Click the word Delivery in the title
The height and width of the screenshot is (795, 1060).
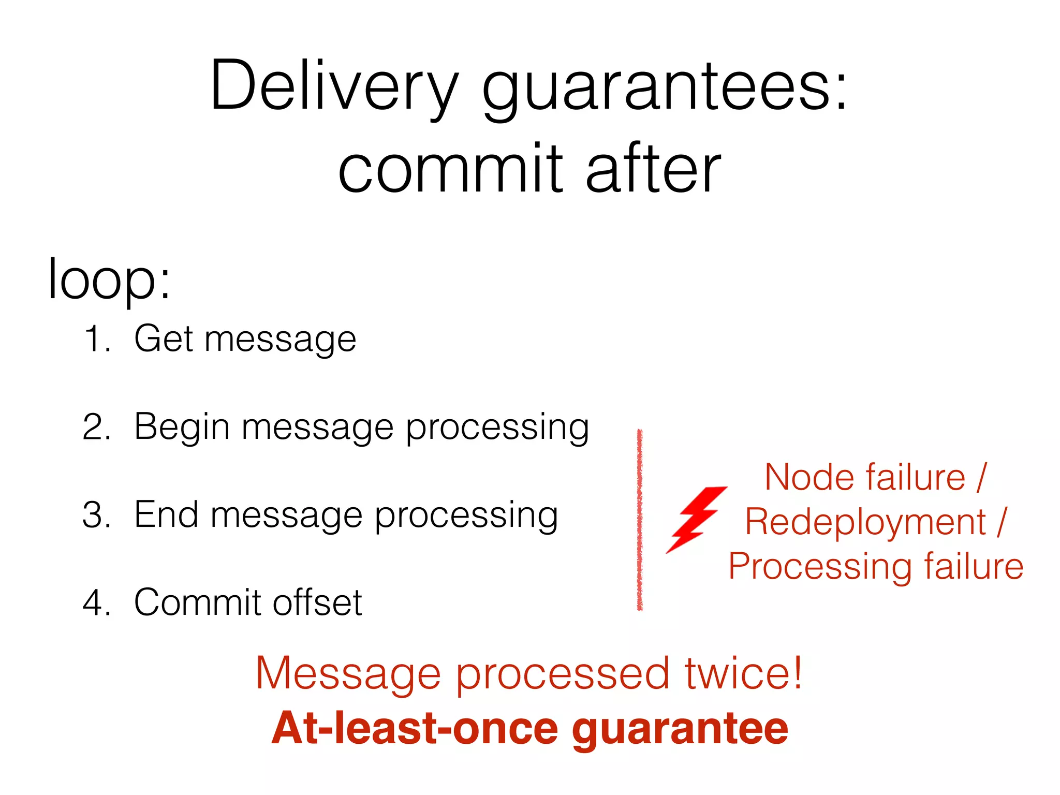[x=334, y=86]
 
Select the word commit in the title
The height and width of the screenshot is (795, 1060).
[x=450, y=169]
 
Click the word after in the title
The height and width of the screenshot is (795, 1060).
[x=653, y=169]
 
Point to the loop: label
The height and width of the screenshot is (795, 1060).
[x=109, y=279]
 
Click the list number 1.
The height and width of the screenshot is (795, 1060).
[x=96, y=340]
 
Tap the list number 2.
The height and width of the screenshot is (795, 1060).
[x=96, y=428]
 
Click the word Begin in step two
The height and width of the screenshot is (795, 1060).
[x=182, y=428]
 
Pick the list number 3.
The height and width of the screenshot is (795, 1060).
[x=96, y=516]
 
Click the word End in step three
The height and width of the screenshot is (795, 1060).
[x=166, y=516]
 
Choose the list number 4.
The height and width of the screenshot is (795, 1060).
[x=96, y=603]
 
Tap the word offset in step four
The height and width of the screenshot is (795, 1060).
[x=317, y=602]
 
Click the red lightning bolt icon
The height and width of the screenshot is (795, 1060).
[x=696, y=519]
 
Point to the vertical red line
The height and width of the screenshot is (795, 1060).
[x=640, y=520]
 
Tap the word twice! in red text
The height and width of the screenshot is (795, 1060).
[x=743, y=673]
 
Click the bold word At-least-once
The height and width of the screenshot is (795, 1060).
[x=415, y=728]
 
